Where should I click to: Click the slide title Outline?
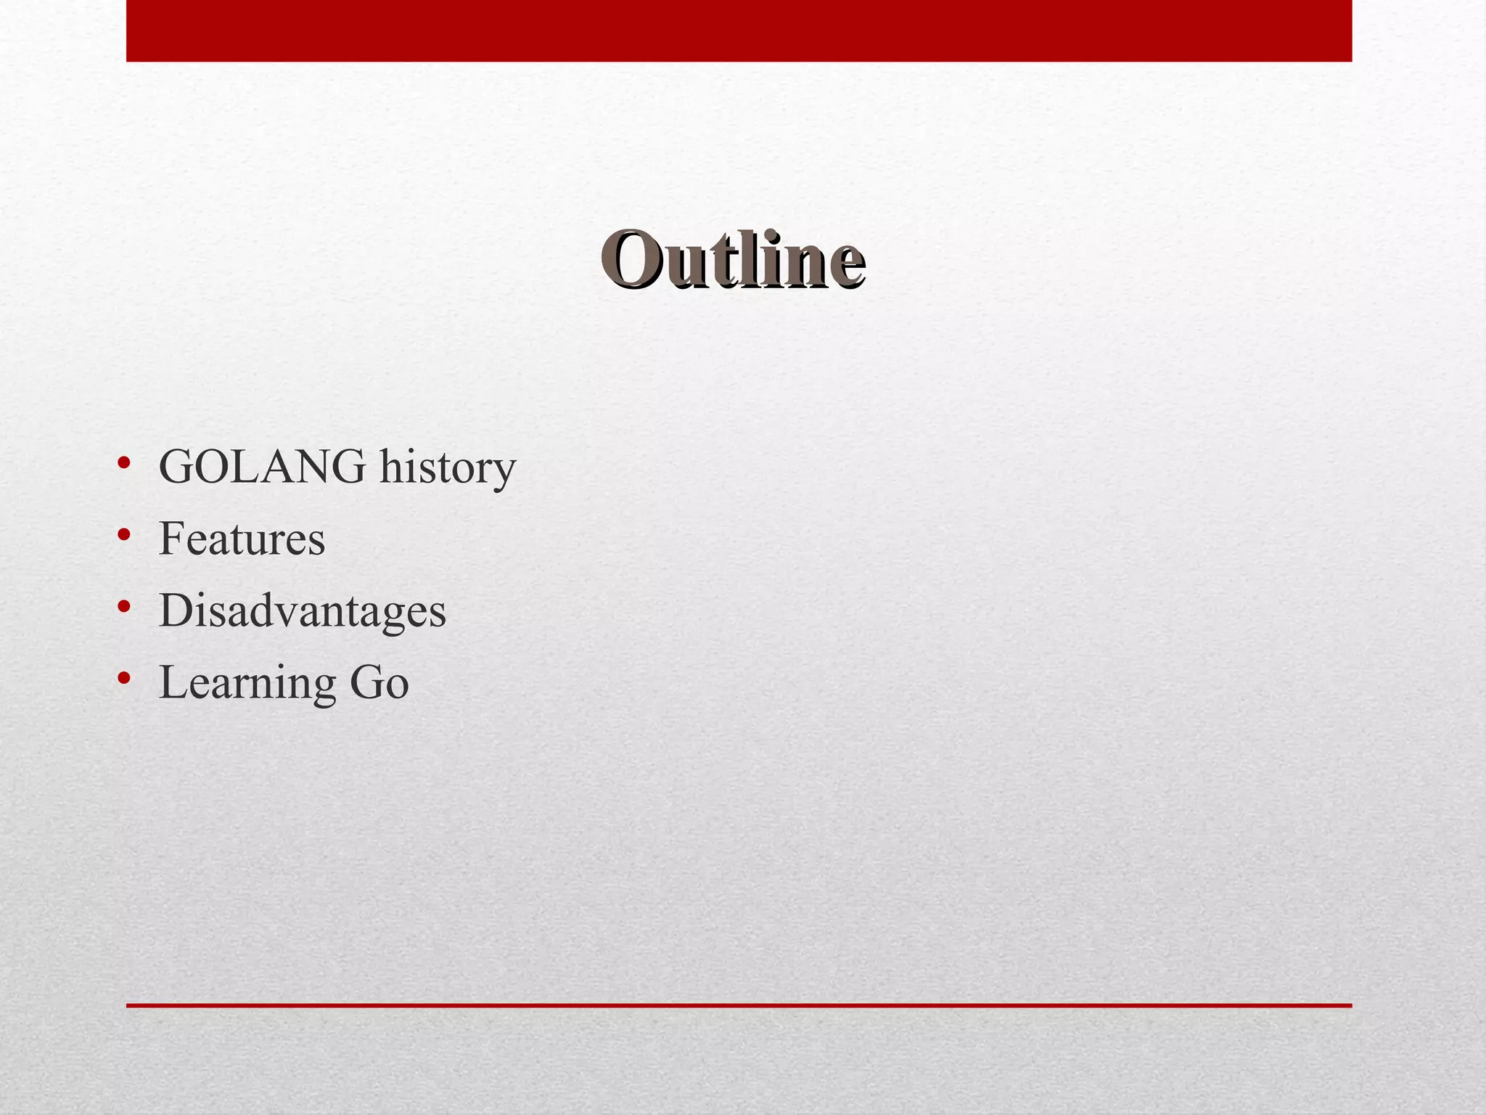click(733, 259)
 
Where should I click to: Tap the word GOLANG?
click(262, 467)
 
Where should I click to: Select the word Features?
click(242, 539)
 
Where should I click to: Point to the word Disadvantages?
click(302, 610)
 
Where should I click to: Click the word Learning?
click(247, 683)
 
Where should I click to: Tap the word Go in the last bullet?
click(379, 683)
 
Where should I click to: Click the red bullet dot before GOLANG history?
click(124, 463)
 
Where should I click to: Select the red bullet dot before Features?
click(124, 535)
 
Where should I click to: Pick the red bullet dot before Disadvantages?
click(124, 607)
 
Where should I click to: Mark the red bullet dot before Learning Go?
click(124, 679)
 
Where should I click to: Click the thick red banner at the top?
click(739, 30)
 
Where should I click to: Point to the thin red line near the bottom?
click(739, 1005)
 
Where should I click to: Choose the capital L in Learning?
click(173, 683)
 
